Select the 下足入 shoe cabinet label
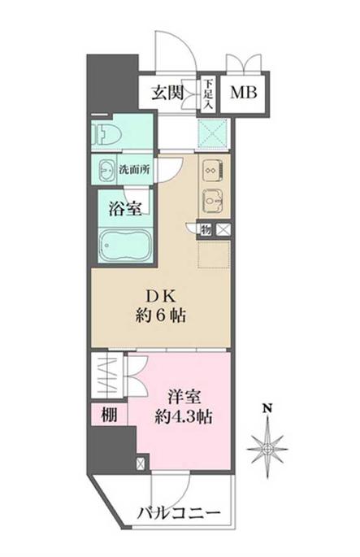pos(209,93)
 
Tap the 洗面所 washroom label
pos(134,171)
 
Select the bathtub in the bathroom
pos(122,245)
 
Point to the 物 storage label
pos(207,230)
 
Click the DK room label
pos(163,296)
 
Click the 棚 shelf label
pos(109,415)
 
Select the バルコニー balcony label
pos(178,514)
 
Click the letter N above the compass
pos(267,408)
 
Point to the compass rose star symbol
pos(267,446)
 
